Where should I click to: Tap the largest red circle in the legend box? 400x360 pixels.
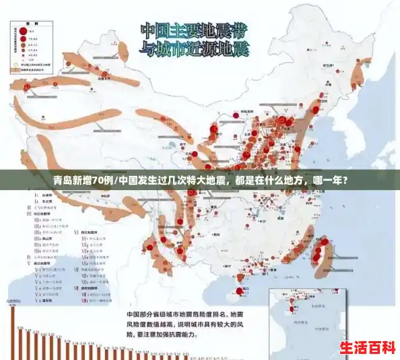(22, 30)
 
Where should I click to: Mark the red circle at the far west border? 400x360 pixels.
(26, 87)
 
